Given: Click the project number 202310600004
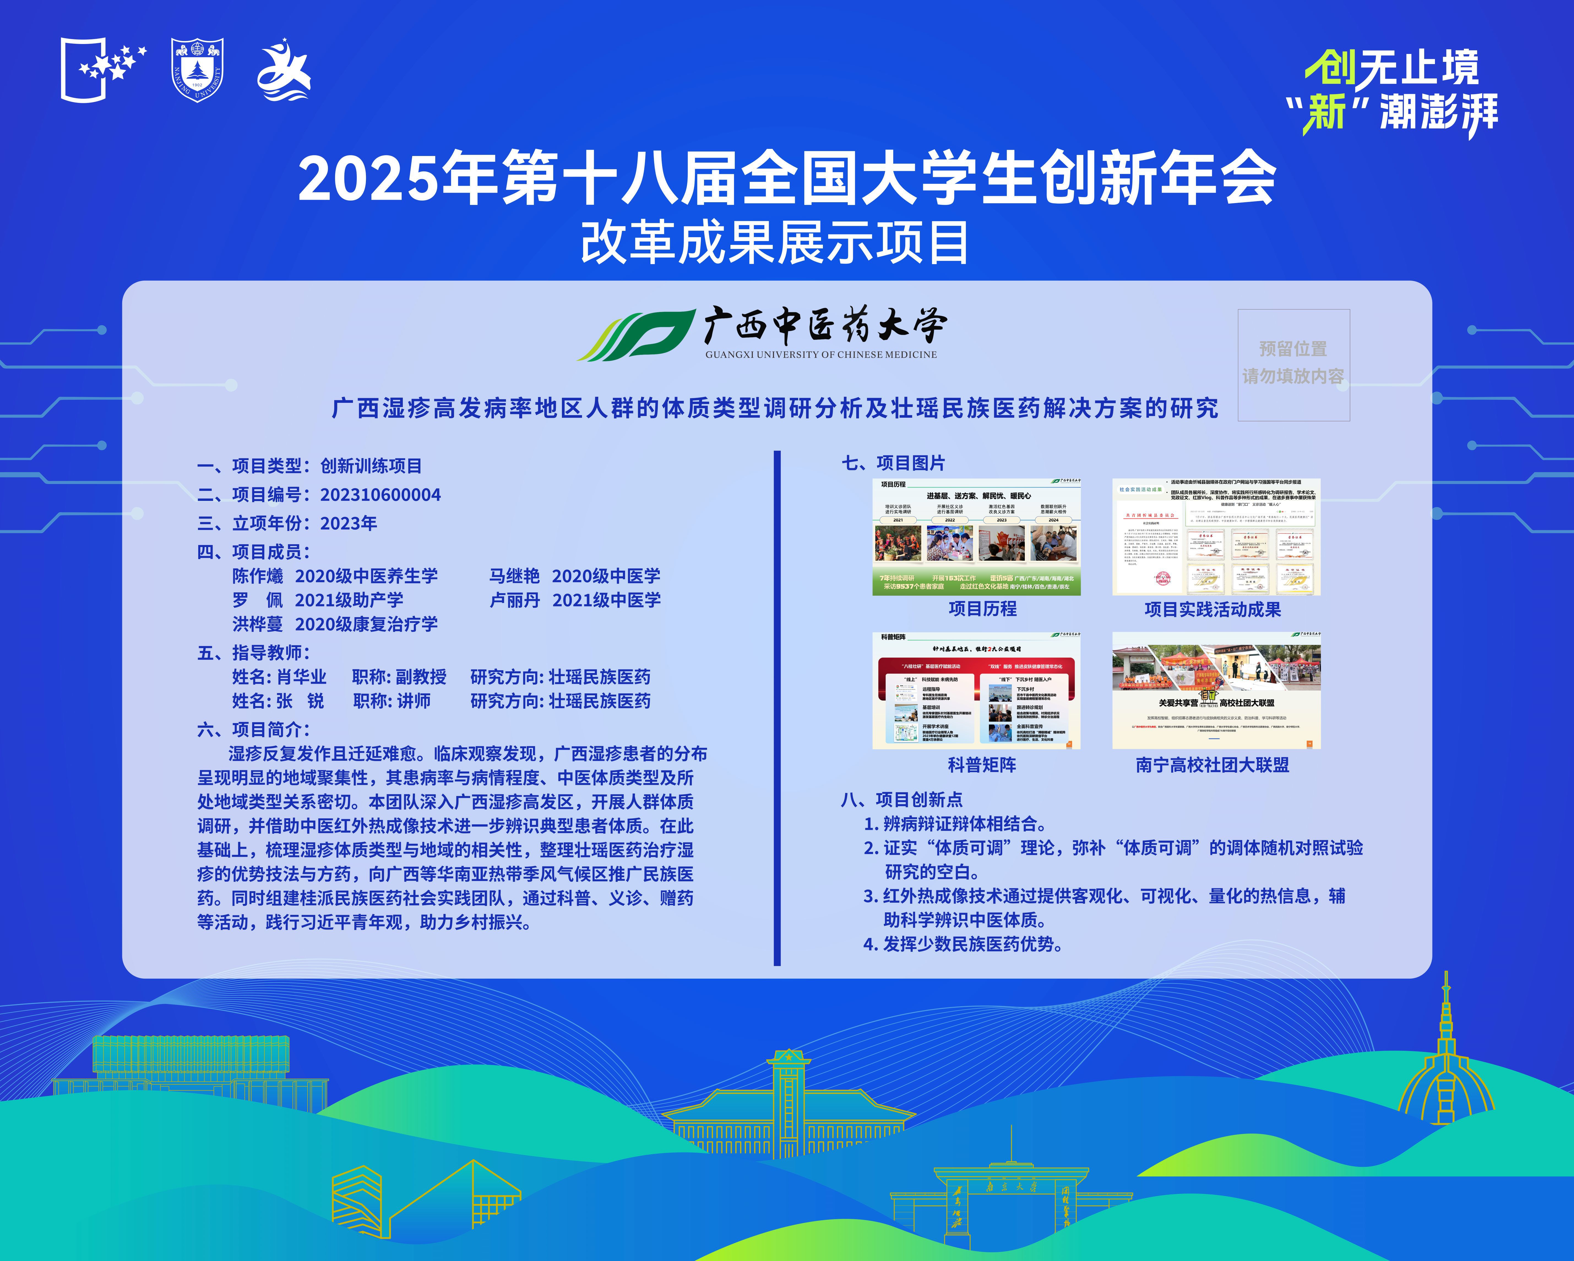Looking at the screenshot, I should pyautogui.click(x=380, y=495).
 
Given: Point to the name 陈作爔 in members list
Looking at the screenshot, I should pyautogui.click(x=258, y=576).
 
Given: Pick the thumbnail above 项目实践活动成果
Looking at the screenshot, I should pyautogui.click(x=1216, y=537).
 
